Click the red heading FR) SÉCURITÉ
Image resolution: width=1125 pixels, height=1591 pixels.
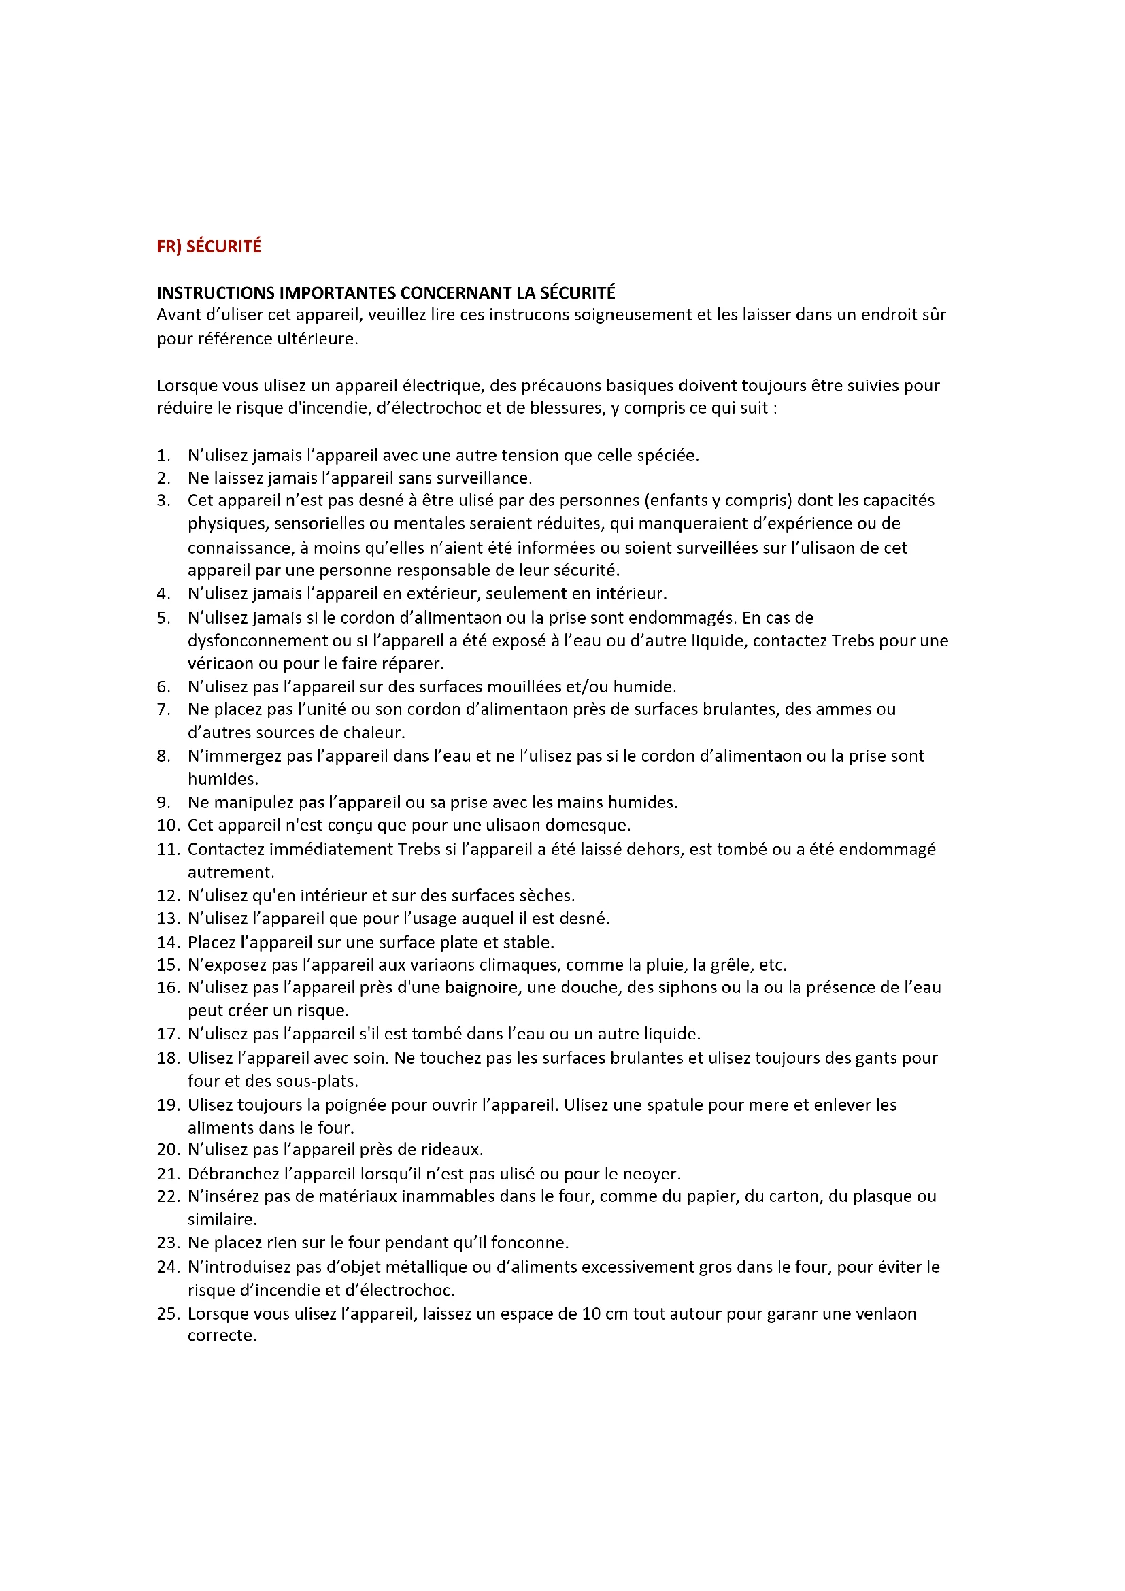click(x=209, y=247)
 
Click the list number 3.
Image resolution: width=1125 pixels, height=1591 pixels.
click(x=163, y=501)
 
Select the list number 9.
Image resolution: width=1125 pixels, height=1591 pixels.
click(x=163, y=803)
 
